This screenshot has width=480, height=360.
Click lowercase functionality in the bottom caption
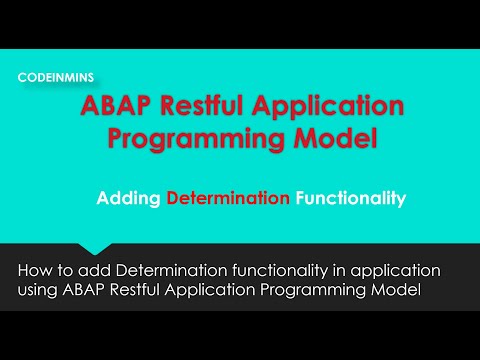click(287, 271)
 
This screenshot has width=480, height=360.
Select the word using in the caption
click(42, 291)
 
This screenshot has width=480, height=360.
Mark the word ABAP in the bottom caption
click(93, 290)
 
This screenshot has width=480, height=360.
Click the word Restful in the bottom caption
click(151, 290)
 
